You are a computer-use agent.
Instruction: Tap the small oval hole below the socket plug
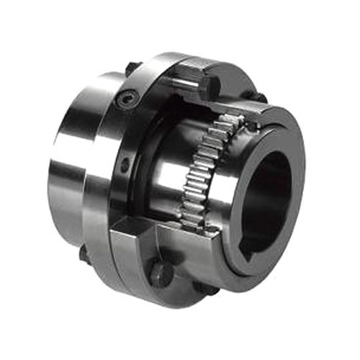coord(127,166)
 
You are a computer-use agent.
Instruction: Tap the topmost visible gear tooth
coord(229,120)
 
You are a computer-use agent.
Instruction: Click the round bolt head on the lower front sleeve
coord(161,272)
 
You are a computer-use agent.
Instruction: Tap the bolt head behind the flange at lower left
coord(83,253)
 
